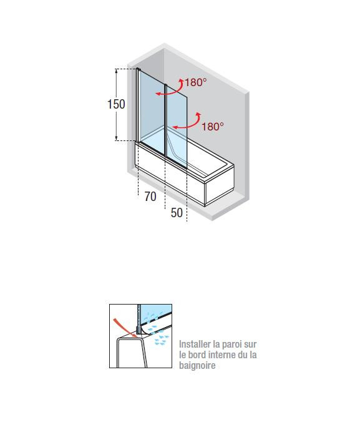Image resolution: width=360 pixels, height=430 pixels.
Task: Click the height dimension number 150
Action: (x=116, y=104)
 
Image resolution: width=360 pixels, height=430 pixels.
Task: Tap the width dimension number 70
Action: (x=150, y=197)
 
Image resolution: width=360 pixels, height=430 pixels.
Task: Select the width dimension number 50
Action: (x=177, y=213)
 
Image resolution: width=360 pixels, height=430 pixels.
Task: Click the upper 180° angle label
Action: (x=196, y=82)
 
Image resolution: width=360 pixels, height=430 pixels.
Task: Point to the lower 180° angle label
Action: (x=213, y=127)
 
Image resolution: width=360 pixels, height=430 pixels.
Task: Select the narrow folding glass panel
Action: (x=177, y=126)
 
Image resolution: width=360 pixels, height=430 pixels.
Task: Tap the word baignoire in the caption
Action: (x=197, y=365)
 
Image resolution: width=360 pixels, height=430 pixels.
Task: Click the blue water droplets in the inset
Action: (x=156, y=329)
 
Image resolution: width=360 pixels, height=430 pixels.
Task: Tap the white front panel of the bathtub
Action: (x=170, y=175)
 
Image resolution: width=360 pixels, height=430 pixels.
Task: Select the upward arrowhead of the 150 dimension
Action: (x=117, y=71)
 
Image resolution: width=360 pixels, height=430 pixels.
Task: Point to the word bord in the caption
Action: (x=197, y=354)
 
